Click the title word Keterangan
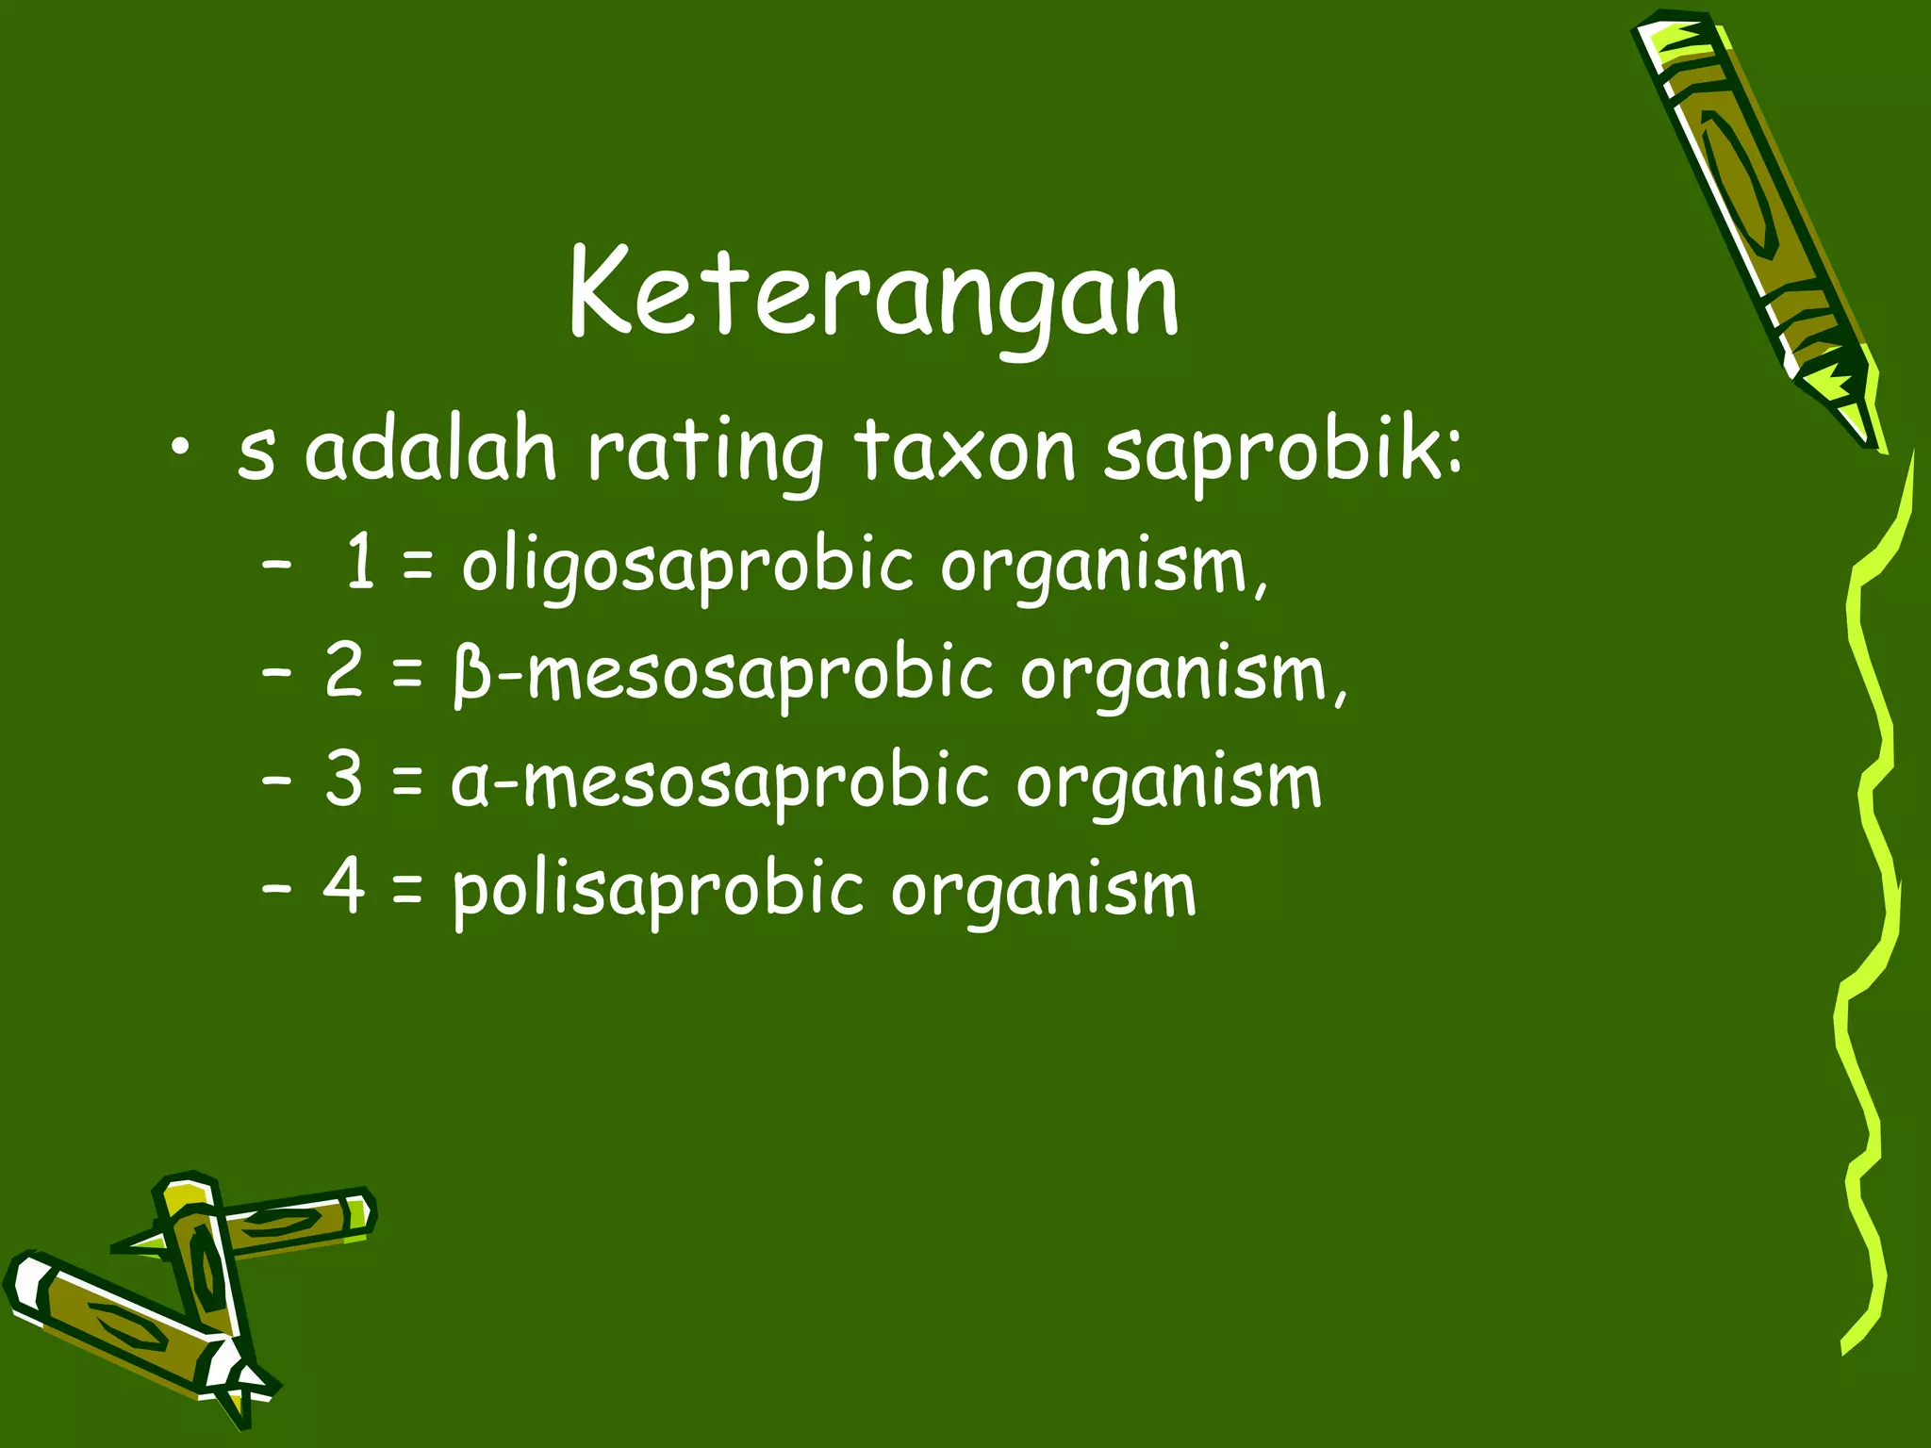click(874, 294)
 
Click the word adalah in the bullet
click(430, 452)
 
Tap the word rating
click(705, 454)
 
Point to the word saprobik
click(1282, 452)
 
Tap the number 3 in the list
click(343, 780)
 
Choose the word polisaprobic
click(657, 891)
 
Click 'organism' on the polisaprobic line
click(1044, 891)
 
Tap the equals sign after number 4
click(406, 891)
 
